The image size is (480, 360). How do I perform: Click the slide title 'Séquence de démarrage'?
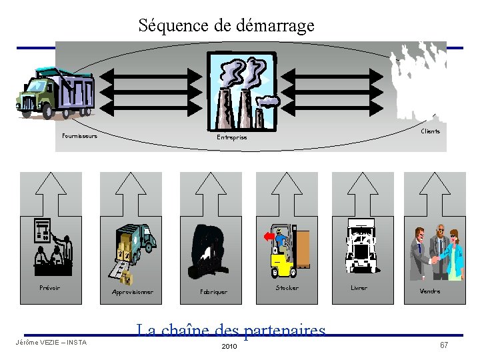point(226,26)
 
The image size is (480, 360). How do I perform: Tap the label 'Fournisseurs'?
point(79,136)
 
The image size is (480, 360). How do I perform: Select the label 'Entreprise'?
point(231,137)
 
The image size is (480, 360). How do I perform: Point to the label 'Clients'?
point(431,131)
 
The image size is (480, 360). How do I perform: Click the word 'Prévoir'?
point(50,288)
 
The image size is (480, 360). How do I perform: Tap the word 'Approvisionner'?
point(133,292)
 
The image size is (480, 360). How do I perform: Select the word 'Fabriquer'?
point(214,292)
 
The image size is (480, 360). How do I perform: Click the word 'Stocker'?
point(287,288)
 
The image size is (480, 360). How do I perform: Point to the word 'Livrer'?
point(359,288)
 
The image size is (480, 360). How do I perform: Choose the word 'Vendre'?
point(430,291)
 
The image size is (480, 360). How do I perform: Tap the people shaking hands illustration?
point(437,253)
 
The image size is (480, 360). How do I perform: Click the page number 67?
point(444,345)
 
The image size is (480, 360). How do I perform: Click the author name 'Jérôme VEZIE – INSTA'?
point(51,343)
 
